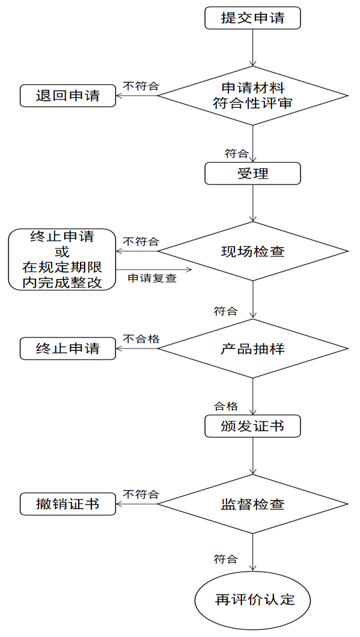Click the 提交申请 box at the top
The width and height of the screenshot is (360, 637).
click(x=252, y=18)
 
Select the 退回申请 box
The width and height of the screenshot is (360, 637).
click(x=68, y=95)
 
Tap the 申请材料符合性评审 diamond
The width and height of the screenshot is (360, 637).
click(x=252, y=95)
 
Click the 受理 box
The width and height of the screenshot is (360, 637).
click(x=252, y=174)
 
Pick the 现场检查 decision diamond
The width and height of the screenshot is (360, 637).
click(x=252, y=251)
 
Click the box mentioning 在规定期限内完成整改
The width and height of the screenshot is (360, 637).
click(x=62, y=259)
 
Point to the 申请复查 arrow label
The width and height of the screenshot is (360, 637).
click(x=152, y=278)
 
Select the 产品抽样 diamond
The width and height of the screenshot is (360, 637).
click(x=252, y=349)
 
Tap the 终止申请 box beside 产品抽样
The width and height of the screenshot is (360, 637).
click(x=68, y=349)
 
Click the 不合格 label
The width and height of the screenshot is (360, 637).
click(x=141, y=339)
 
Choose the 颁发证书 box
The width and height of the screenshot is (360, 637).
click(x=252, y=426)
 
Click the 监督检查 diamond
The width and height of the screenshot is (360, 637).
click(x=252, y=504)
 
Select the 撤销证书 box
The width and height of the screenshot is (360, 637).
click(x=68, y=504)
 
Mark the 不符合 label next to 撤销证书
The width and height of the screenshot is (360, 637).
click(x=141, y=495)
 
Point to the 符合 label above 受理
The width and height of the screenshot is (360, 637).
click(x=237, y=153)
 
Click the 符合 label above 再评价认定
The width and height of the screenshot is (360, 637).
click(x=226, y=559)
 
